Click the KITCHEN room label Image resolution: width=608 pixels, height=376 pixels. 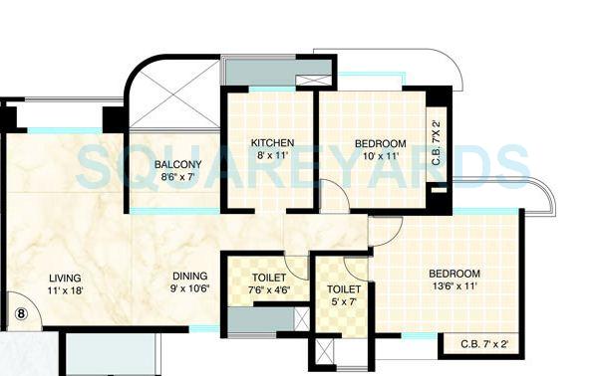tap(272, 143)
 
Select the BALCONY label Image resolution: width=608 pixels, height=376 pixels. tap(178, 164)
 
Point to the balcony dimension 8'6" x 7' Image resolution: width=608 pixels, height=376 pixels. tap(178, 177)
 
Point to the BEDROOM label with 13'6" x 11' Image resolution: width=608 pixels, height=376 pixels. tap(455, 274)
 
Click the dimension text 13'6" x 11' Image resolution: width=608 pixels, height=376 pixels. tap(455, 287)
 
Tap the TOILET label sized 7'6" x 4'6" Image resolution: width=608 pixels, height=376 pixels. tap(269, 278)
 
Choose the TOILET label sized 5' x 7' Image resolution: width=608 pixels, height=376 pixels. tap(344, 288)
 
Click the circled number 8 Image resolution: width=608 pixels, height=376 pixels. tap(20, 313)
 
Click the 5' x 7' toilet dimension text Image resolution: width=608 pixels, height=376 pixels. tap(344, 301)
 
